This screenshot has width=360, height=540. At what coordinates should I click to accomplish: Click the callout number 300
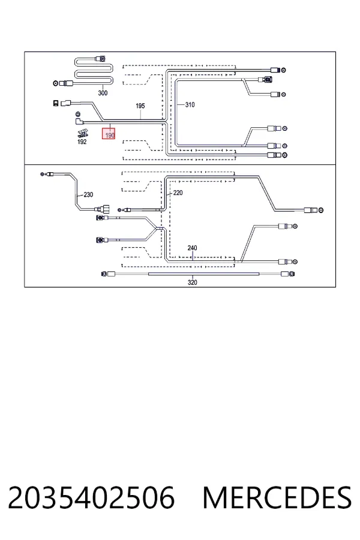tap(103, 93)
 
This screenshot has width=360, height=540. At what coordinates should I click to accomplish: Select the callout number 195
tap(140, 106)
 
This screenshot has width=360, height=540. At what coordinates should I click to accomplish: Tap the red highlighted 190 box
tap(109, 133)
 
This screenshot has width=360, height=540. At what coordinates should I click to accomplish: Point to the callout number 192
tap(82, 142)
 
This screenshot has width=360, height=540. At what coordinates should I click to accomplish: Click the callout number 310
tap(190, 104)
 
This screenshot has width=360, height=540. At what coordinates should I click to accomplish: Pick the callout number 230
tap(88, 195)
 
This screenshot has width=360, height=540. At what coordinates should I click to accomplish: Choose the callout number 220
tap(178, 193)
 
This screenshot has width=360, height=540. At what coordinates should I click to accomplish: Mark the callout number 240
tap(192, 248)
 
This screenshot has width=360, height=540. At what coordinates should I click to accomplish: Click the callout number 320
tap(192, 283)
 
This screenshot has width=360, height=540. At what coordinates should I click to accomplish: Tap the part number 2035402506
tap(91, 497)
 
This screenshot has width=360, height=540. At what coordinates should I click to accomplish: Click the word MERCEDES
tap(277, 497)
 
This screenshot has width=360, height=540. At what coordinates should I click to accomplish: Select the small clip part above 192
tap(82, 133)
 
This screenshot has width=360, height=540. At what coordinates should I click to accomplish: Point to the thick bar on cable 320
tap(203, 274)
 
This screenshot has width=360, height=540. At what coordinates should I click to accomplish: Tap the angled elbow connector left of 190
tap(78, 122)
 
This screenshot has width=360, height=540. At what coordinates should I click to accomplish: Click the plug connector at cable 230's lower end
tap(103, 209)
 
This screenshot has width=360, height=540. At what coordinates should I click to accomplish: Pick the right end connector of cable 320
tap(288, 274)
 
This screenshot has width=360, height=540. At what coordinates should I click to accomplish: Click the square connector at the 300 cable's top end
tap(100, 58)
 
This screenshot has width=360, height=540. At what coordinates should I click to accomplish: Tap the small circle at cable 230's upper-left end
tap(42, 175)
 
